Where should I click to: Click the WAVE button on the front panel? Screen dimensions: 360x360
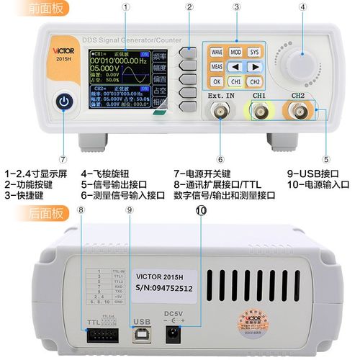[x=217, y=52]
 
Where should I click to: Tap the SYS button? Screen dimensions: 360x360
[x=255, y=52]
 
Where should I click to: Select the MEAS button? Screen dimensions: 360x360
[x=217, y=67]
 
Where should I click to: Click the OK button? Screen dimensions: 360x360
[x=217, y=81]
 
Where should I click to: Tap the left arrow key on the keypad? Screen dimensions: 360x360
[x=236, y=67]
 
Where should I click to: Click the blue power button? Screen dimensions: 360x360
[x=65, y=102]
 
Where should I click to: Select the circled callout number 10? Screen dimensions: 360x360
[x=200, y=210]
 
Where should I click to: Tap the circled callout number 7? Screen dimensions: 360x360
[x=63, y=159]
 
